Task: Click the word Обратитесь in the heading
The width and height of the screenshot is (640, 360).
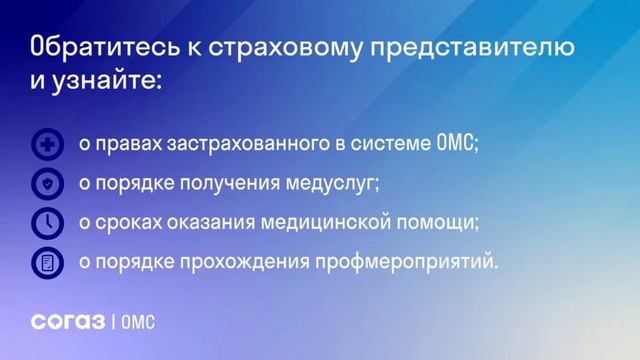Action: coord(95,48)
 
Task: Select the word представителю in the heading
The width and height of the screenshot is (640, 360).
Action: coord(470,48)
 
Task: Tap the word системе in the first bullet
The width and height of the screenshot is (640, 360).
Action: coord(392,145)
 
